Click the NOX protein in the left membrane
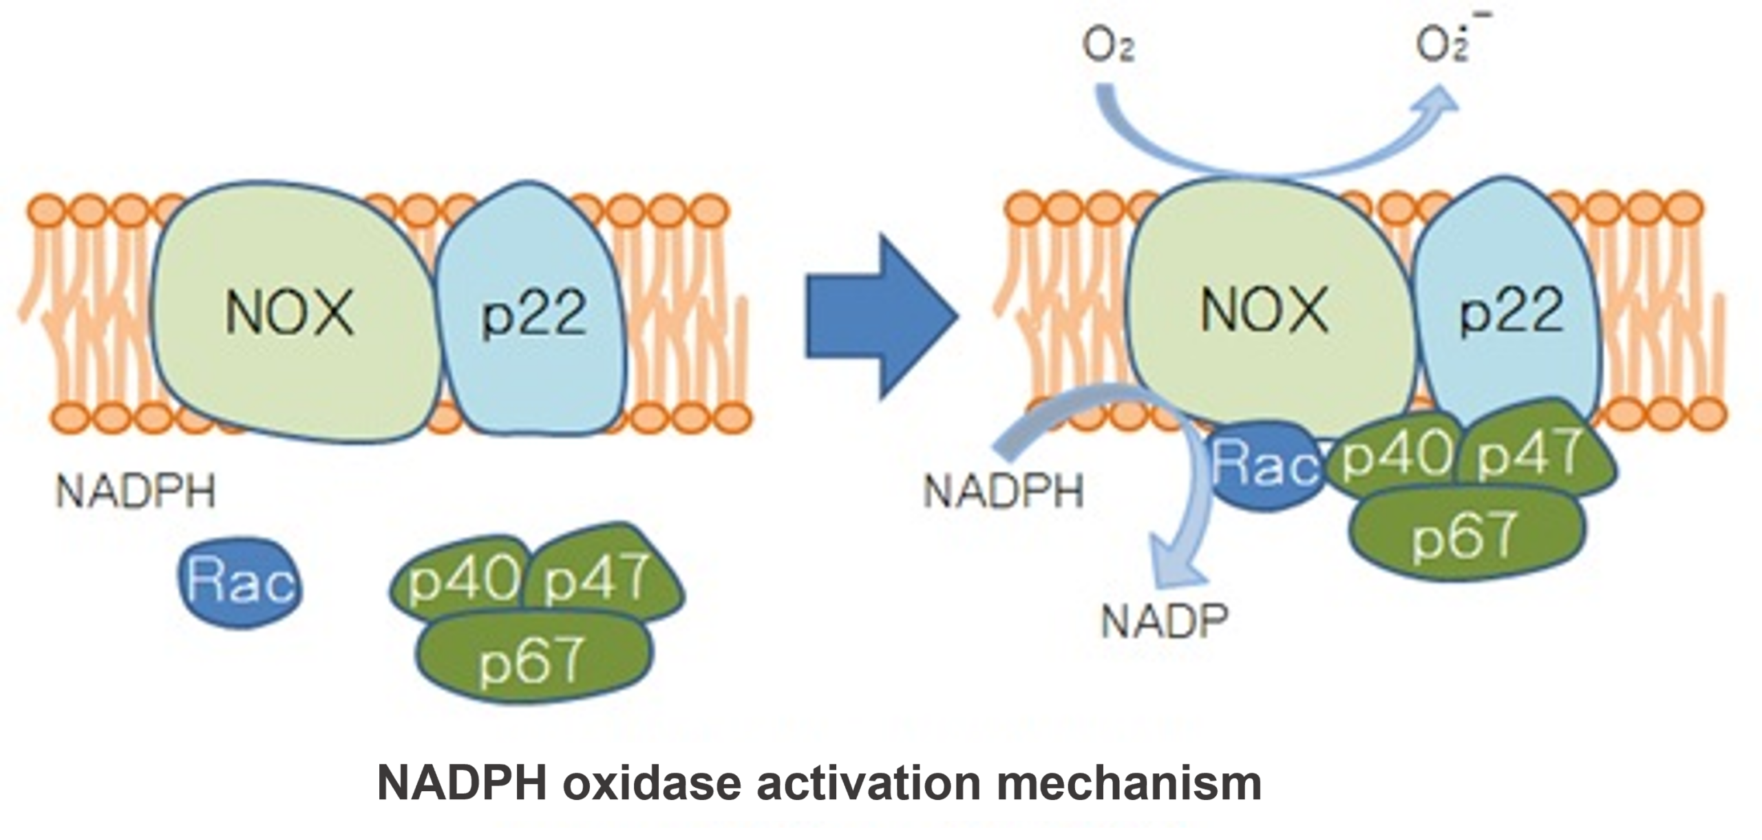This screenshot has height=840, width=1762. point(289,313)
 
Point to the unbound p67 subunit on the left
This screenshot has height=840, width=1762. point(534,658)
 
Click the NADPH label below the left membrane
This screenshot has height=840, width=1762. point(136,492)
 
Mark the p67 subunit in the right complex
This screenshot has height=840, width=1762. point(1466,534)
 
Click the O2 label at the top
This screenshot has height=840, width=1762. point(1108,48)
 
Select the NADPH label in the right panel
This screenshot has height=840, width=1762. point(1003,492)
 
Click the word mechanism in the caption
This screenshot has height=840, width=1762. point(1129,784)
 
